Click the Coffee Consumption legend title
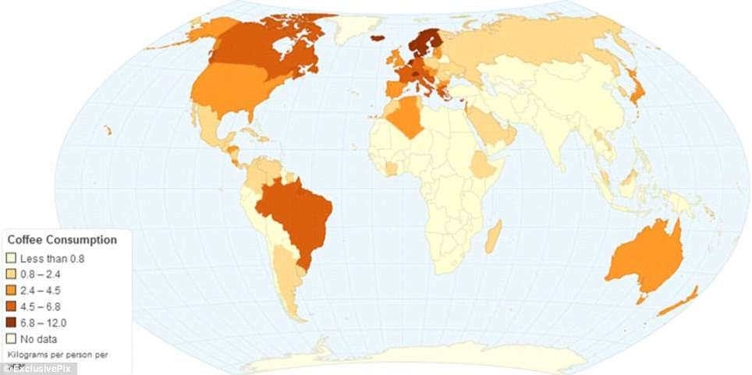pyautogui.click(x=62, y=240)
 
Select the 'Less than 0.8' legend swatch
pyautogui.click(x=11, y=257)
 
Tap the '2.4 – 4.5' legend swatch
pyautogui.click(x=11, y=290)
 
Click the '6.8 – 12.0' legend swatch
pyautogui.click(x=11, y=323)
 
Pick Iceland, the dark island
pyautogui.click(x=378, y=37)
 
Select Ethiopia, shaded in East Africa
pyautogui.click(x=483, y=166)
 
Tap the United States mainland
pyautogui.click(x=234, y=90)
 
